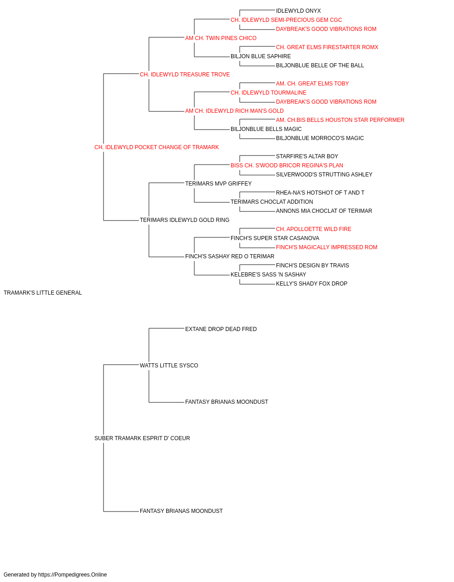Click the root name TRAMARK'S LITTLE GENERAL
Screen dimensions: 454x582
click(43, 293)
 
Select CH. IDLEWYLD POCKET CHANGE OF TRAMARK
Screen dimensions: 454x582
click(157, 147)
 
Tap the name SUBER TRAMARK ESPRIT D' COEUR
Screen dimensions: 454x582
click(142, 438)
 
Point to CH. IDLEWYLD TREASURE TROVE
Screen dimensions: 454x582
click(185, 75)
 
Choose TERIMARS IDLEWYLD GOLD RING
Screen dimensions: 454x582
click(184, 220)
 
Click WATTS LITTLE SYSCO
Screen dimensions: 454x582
click(169, 365)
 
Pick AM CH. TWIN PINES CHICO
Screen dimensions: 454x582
click(221, 38)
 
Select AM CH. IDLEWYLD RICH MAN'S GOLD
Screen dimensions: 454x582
click(234, 111)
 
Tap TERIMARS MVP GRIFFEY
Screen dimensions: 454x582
click(218, 183)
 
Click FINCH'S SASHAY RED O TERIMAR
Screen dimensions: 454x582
click(230, 256)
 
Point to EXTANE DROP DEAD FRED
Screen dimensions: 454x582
click(221, 329)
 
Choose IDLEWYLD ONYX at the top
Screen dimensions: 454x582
click(298, 11)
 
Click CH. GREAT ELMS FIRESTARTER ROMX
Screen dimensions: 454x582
click(327, 47)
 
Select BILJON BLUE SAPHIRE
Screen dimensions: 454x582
click(261, 56)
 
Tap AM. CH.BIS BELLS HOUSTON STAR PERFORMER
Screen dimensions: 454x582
click(340, 120)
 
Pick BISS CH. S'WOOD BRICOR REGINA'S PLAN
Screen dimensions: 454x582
click(287, 165)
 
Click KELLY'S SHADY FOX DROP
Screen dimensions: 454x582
click(312, 284)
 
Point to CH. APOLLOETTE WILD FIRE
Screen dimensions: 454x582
click(314, 229)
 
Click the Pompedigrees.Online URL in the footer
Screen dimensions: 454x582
click(73, 575)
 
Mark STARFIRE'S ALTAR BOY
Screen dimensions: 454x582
click(307, 156)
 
